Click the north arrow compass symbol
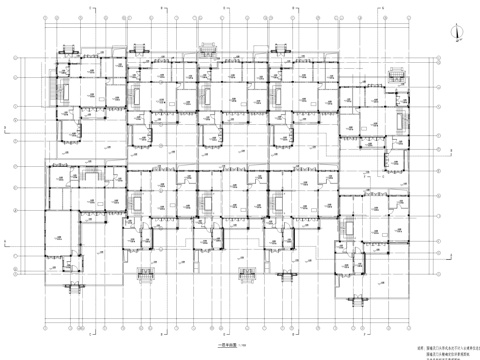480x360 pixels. (457, 30)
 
